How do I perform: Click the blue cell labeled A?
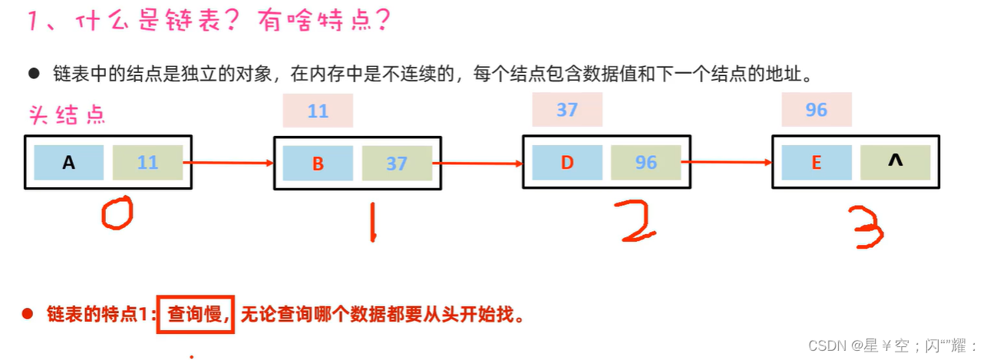(x=69, y=162)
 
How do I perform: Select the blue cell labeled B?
(x=318, y=162)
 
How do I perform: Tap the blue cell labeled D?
(x=567, y=162)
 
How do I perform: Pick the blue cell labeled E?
(x=817, y=162)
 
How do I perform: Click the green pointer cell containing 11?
(x=147, y=162)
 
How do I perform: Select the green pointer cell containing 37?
(x=397, y=162)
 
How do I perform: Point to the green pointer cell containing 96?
(x=646, y=162)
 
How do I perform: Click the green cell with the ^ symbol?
(x=895, y=162)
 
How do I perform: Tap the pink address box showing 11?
(x=318, y=111)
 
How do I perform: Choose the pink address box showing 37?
(x=567, y=109)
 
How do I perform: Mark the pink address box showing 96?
(x=817, y=109)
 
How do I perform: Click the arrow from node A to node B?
(x=229, y=163)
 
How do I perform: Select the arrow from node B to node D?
(x=477, y=163)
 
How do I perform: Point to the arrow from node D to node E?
(x=727, y=162)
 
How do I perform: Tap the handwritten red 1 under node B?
(x=371, y=221)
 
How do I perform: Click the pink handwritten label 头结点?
(x=67, y=115)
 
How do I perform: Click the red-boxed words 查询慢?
(x=195, y=314)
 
